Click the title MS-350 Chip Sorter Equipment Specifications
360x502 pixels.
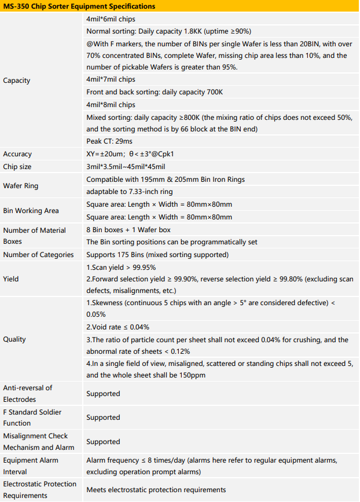[79, 6]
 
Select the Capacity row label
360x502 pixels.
[17, 80]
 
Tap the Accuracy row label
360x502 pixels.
[17, 154]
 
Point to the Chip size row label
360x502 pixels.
[18, 167]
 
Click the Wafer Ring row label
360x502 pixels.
[21, 186]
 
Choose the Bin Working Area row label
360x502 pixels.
[31, 211]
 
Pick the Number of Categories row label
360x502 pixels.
[38, 255]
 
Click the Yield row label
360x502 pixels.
[11, 279]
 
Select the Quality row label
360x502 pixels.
[14, 339]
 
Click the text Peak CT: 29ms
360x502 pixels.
[109, 142]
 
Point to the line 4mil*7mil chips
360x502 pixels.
[111, 80]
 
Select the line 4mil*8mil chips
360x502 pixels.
[111, 105]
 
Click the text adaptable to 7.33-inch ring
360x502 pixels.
[130, 192]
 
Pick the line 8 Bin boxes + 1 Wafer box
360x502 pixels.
[128, 230]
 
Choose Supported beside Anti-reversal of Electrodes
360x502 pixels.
[103, 394]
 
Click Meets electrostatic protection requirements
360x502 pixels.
[156, 490]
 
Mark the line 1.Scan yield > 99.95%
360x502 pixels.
[121, 268]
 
